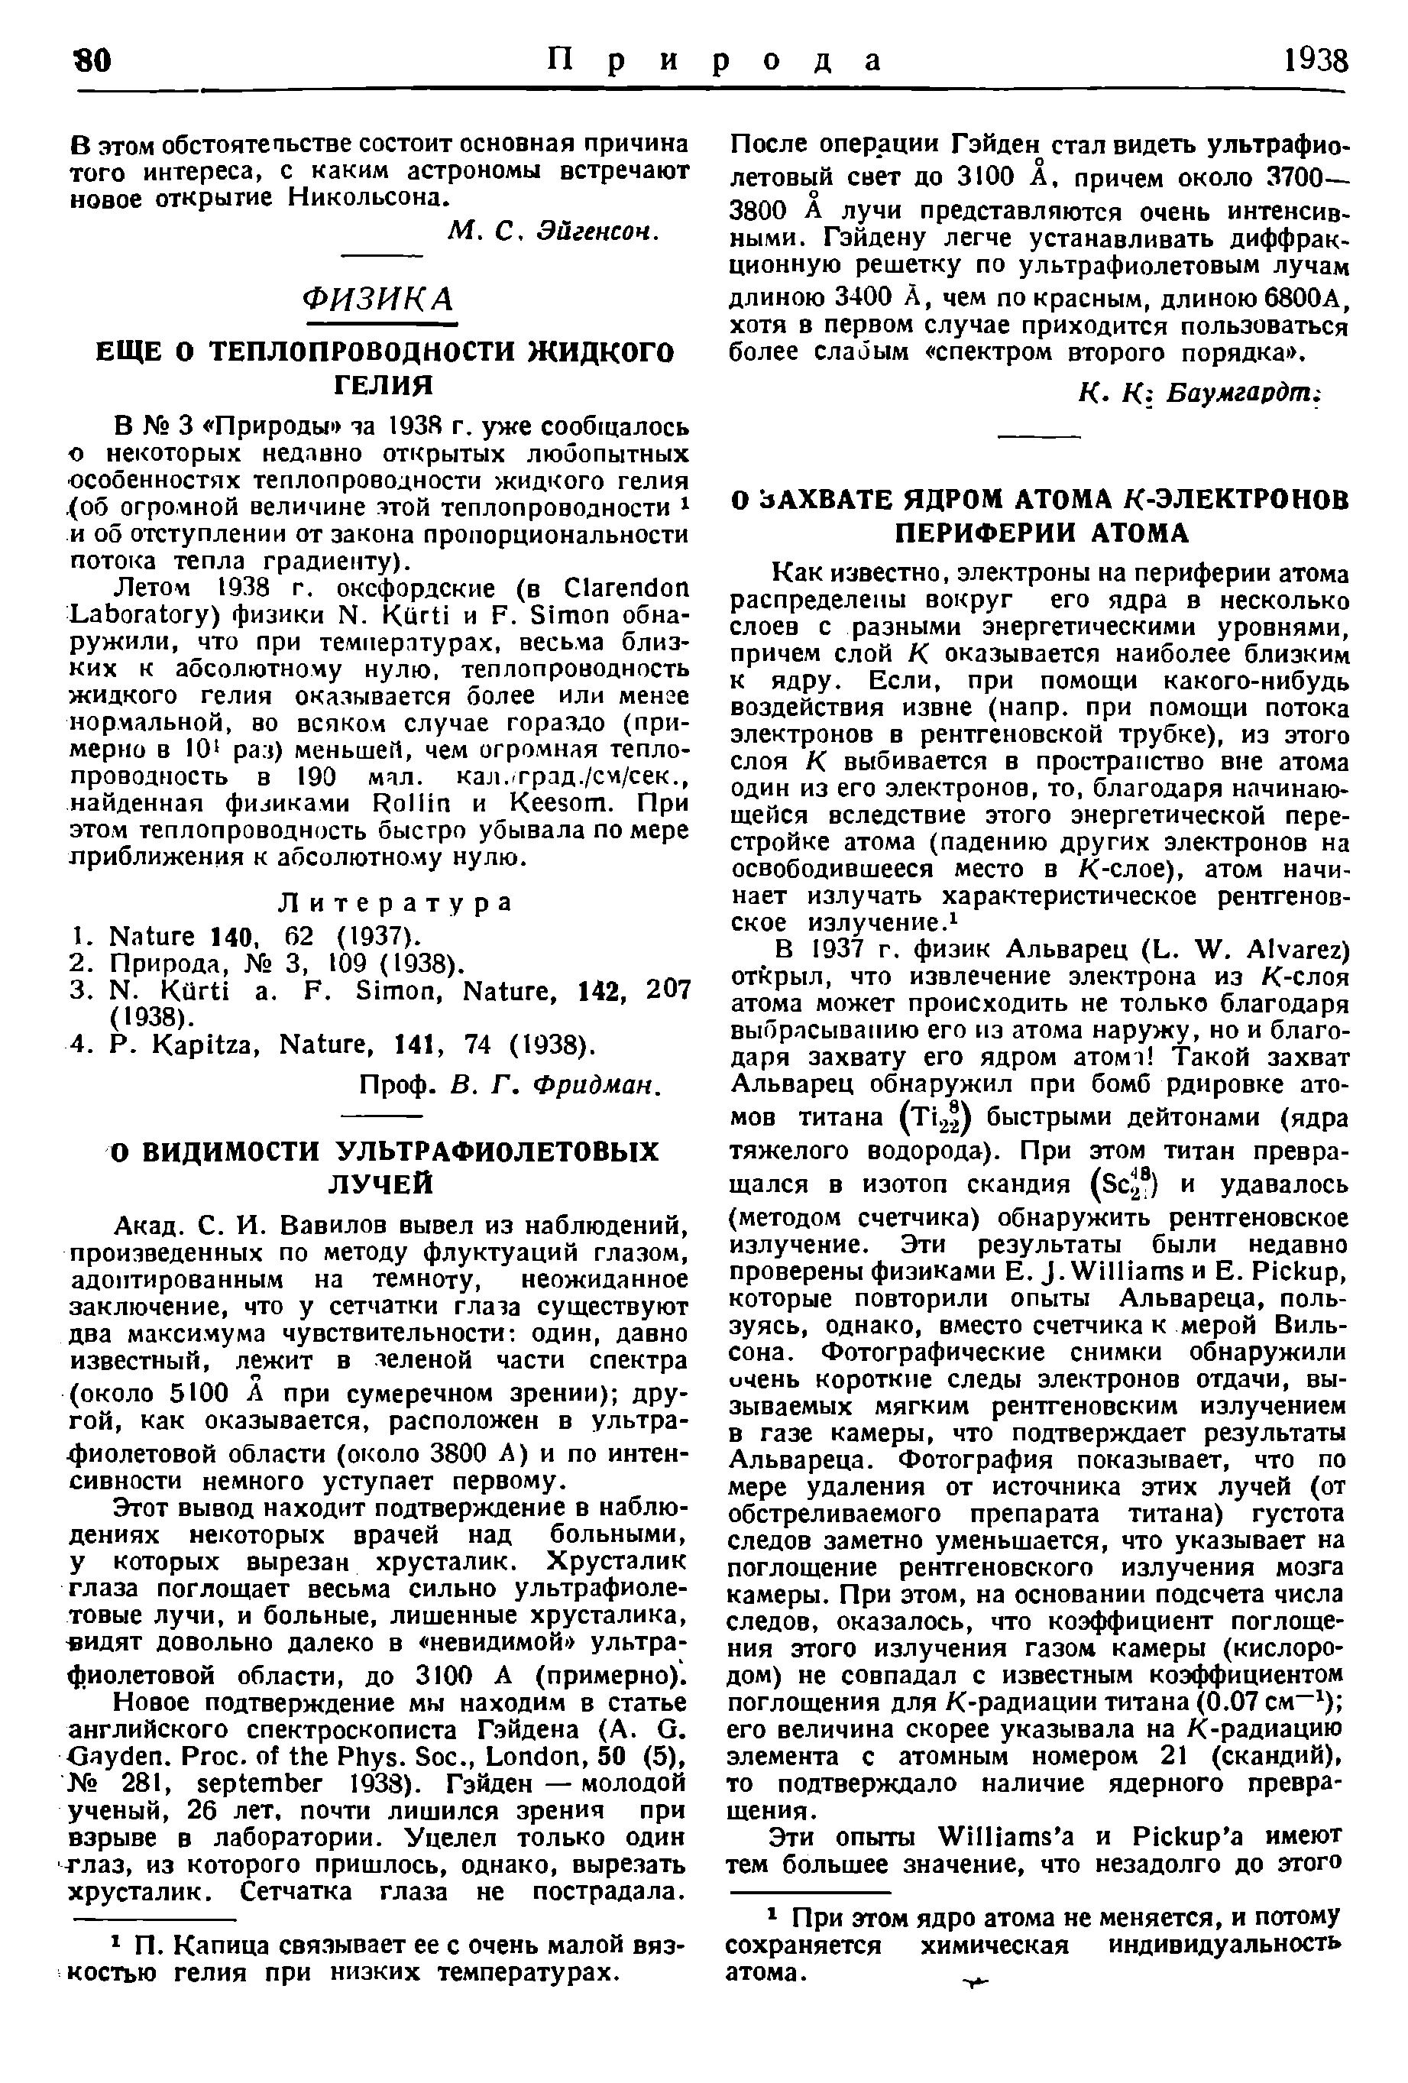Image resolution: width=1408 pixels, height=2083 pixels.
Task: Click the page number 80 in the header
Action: click(92, 60)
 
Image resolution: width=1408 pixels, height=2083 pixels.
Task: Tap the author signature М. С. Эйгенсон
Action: click(552, 232)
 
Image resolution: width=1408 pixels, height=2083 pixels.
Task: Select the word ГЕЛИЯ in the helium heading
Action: click(383, 385)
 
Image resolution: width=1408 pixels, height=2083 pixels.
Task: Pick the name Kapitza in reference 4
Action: click(210, 1045)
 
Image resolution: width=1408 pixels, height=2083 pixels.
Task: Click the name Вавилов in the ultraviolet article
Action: click(342, 1224)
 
